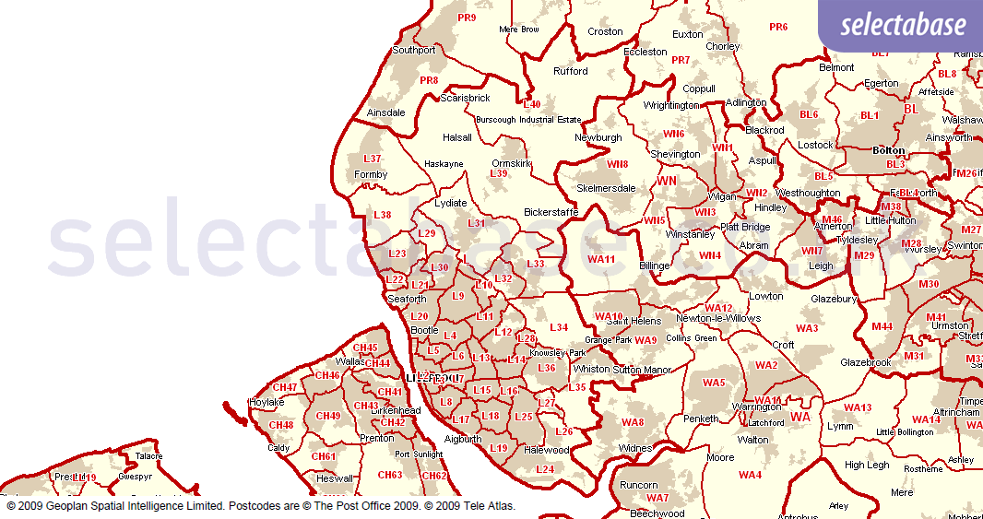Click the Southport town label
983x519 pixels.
[x=413, y=50]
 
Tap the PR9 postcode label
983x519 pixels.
[x=467, y=18]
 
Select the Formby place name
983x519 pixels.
[x=371, y=174]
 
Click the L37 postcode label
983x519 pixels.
[x=372, y=159]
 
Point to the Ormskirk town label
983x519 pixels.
[x=512, y=163]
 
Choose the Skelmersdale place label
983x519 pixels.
[x=606, y=188]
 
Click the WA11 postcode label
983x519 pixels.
[x=601, y=259]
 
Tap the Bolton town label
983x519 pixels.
[x=889, y=150]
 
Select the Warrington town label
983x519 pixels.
[x=757, y=407]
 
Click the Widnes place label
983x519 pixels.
[x=634, y=448]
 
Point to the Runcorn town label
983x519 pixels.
[x=638, y=485]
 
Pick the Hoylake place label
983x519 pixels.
[x=266, y=402]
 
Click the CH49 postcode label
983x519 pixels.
[x=328, y=416]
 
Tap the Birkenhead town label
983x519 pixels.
[x=397, y=410]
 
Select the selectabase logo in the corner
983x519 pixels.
[x=903, y=25]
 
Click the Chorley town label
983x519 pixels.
[x=722, y=46]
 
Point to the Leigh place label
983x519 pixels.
[x=821, y=265]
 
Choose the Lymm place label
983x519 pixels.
[x=840, y=426]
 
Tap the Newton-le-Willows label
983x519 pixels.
[x=718, y=318]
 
